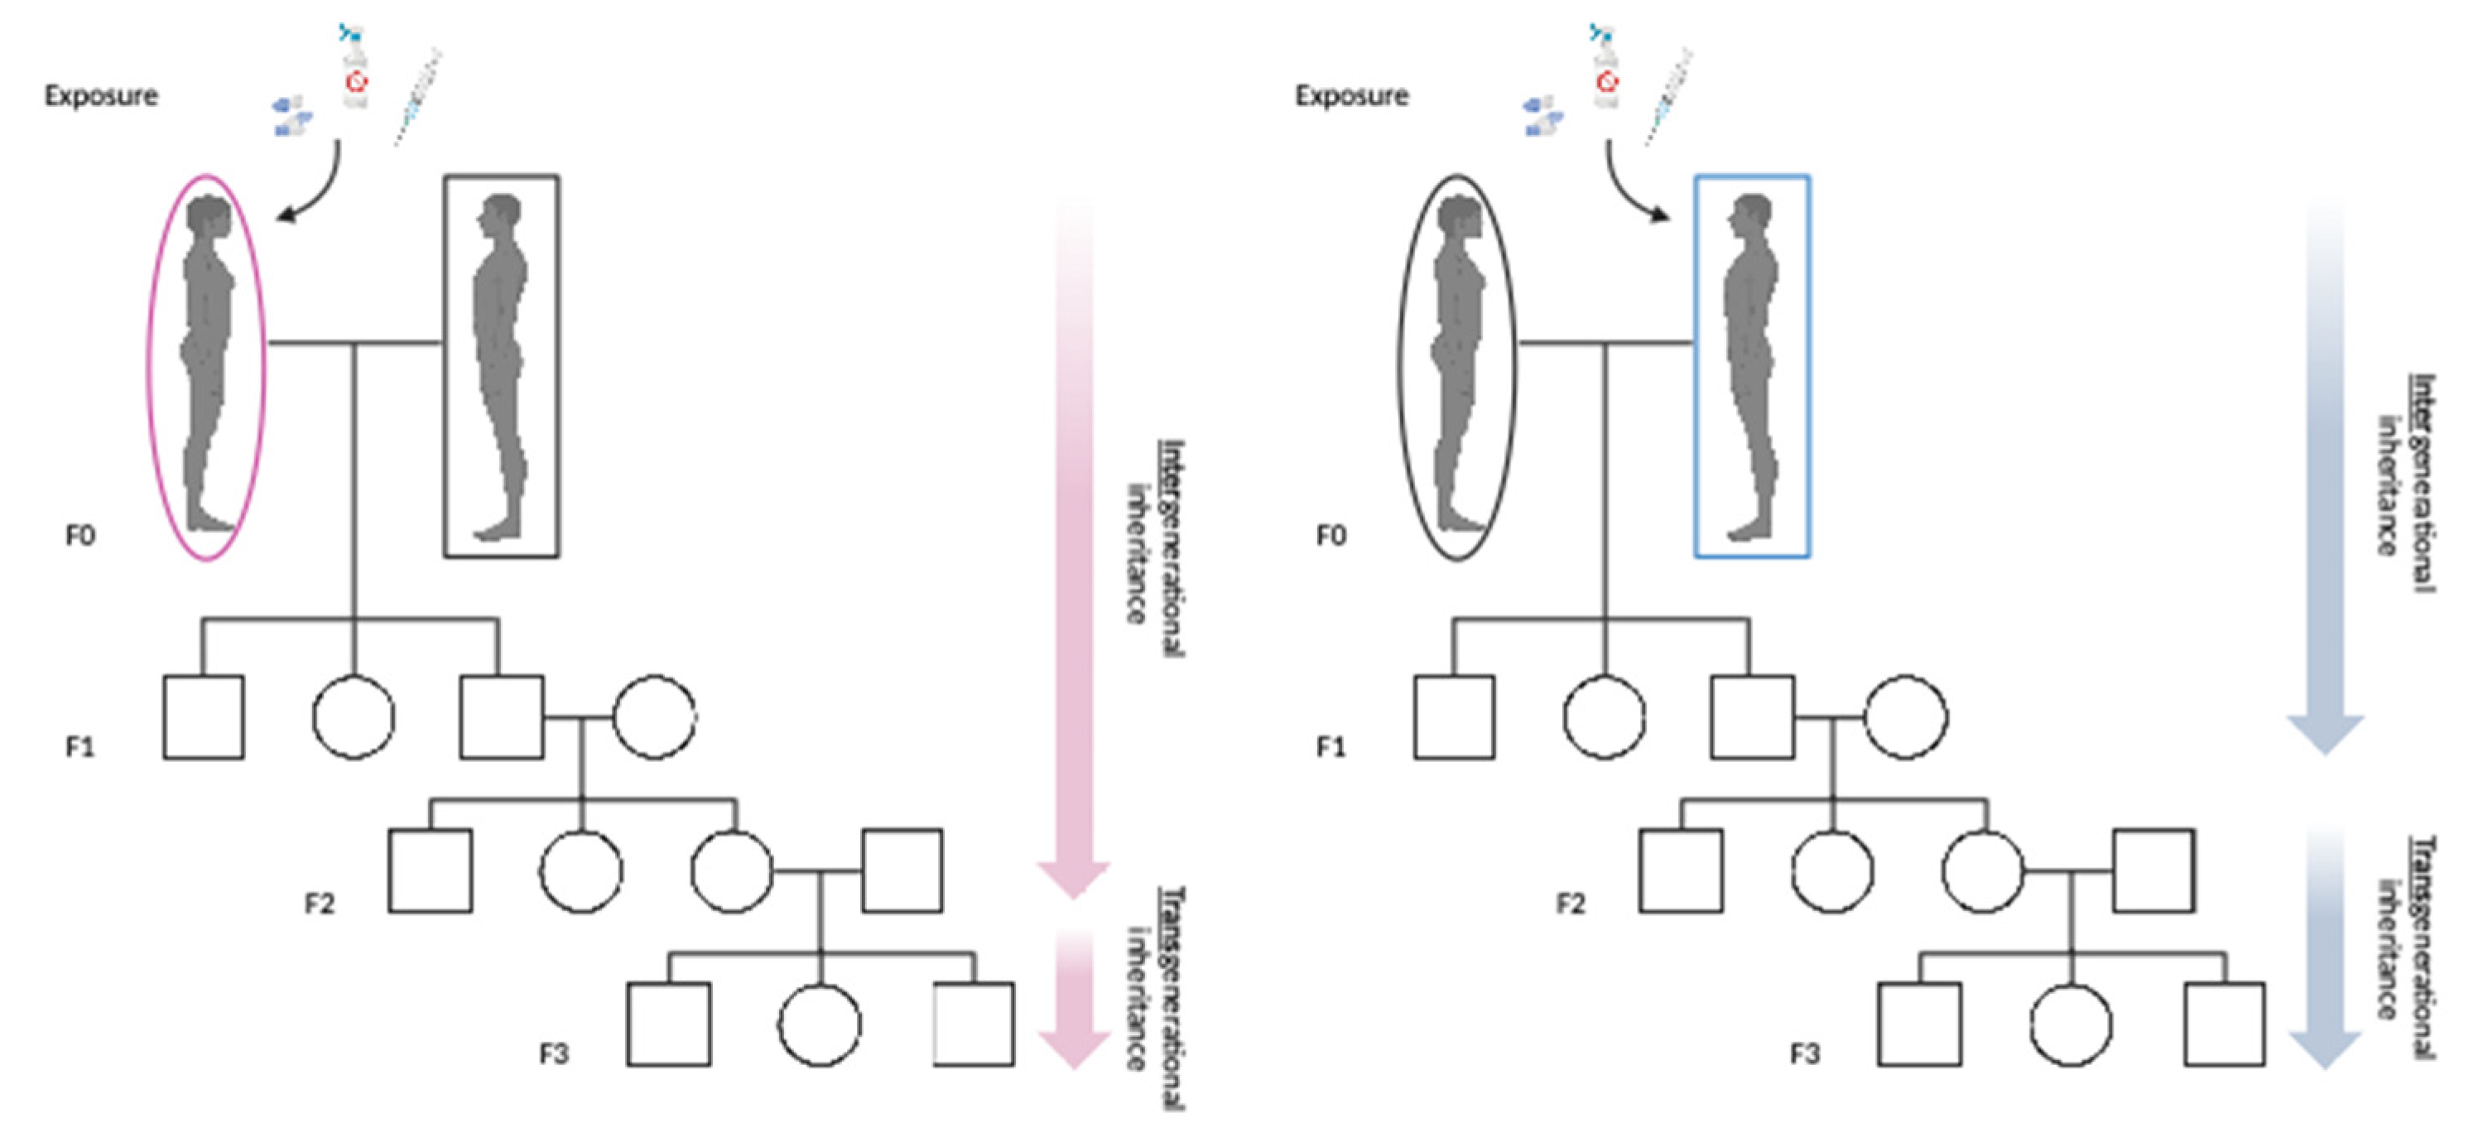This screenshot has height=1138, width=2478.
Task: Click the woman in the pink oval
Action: point(208,365)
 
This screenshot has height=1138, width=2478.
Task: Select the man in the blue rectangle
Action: point(1751,365)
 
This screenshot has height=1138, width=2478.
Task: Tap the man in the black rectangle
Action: point(500,365)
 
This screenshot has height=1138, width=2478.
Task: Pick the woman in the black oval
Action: point(1456,365)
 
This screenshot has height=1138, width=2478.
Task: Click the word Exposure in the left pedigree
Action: point(101,96)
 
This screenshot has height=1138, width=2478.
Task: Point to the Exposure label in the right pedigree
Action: point(1351,96)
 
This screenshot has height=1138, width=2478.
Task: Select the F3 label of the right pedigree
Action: point(1805,1054)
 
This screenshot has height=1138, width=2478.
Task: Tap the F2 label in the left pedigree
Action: point(320,904)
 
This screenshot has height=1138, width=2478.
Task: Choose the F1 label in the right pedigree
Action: point(1331,746)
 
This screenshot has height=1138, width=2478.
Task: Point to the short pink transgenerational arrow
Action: point(1074,1001)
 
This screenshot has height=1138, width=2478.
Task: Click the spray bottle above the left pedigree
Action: point(355,67)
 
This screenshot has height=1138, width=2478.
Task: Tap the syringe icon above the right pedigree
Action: point(1668,96)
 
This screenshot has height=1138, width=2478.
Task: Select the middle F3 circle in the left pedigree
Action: point(820,1024)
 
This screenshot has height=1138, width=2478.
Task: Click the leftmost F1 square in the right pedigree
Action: point(1454,716)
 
